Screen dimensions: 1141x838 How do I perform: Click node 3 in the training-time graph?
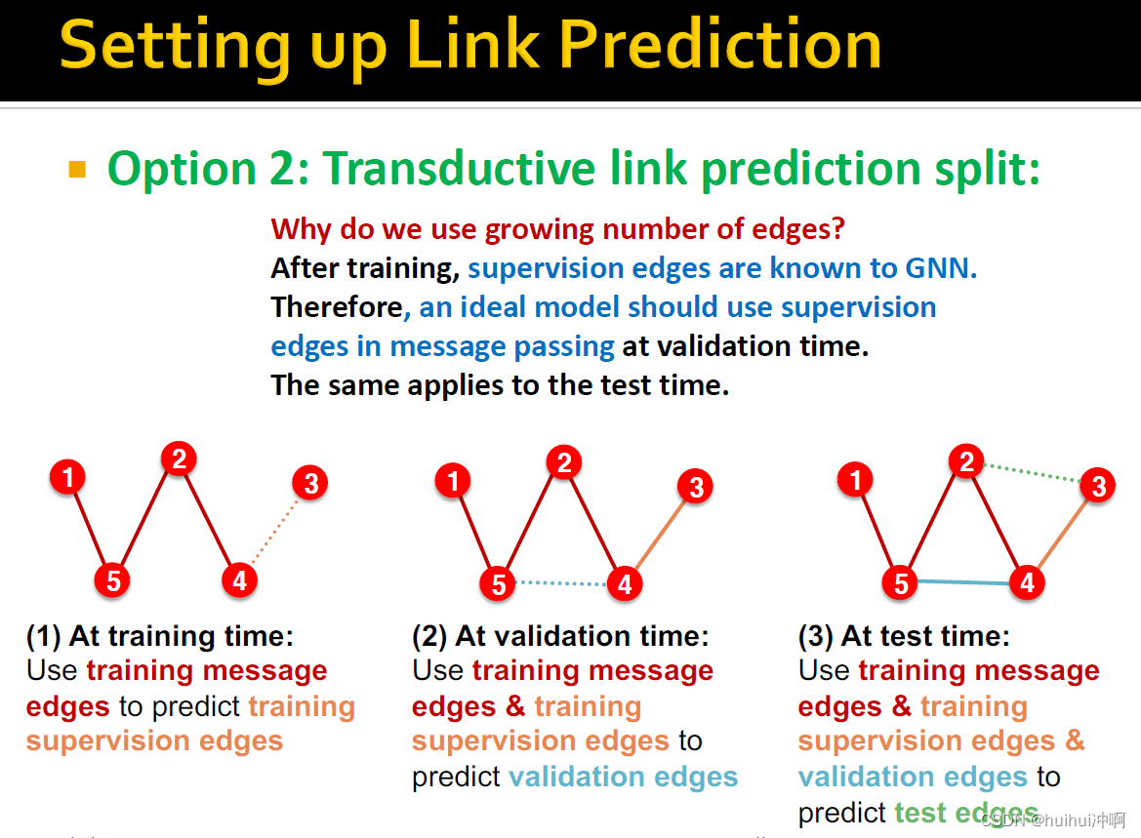(310, 483)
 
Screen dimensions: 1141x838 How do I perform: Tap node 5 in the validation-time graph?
(499, 584)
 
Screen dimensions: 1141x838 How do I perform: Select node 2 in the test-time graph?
(966, 461)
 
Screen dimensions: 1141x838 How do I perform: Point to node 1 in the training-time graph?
(67, 477)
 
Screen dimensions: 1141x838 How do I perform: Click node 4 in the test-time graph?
(1027, 582)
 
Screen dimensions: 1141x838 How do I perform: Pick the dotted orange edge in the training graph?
(274, 532)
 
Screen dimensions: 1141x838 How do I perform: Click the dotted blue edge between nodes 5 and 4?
(561, 582)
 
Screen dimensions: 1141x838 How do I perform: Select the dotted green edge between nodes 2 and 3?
(1033, 473)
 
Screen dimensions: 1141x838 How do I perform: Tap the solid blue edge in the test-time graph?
(964, 582)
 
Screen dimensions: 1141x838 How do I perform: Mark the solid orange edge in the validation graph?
(660, 534)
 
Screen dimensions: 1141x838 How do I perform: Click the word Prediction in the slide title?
(720, 45)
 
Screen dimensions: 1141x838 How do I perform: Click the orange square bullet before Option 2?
(77, 170)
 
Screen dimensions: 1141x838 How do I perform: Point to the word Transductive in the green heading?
(460, 168)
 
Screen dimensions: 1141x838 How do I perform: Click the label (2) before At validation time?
(429, 636)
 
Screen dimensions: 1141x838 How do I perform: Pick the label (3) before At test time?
(816, 636)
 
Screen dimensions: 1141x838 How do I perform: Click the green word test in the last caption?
(920, 813)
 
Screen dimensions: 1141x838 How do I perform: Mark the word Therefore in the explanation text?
(337, 307)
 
